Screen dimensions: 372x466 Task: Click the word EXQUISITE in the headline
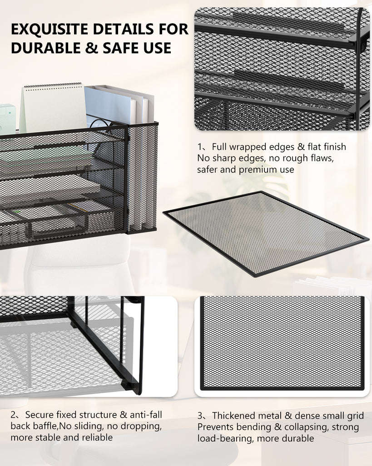[x=50, y=29]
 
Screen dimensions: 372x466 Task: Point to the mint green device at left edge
[x=8, y=119]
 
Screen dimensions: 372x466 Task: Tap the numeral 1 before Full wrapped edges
[x=201, y=147]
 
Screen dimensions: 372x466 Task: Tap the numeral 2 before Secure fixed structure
[x=14, y=415]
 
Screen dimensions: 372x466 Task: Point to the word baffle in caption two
[x=45, y=426]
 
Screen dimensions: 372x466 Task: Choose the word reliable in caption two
[x=97, y=437]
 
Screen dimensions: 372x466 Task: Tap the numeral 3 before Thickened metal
[x=201, y=415]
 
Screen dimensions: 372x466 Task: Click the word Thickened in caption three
[x=233, y=415]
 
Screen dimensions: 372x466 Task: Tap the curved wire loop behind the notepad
[x=99, y=122]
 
